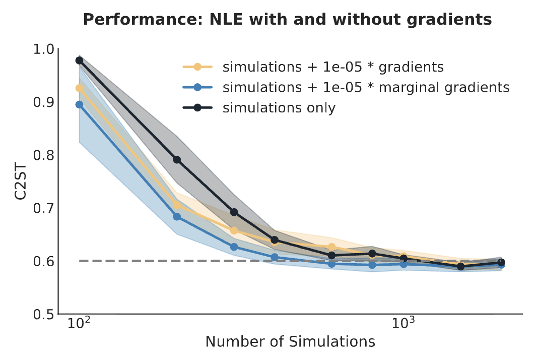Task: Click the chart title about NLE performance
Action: coord(288,20)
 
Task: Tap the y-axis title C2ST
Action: coord(21,182)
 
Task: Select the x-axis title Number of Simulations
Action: coord(290,341)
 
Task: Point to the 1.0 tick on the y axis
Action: coord(43,49)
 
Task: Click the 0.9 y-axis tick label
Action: coord(43,102)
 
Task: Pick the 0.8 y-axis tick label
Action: coord(43,155)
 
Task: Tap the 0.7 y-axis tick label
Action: coord(43,208)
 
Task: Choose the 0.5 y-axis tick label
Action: coord(43,314)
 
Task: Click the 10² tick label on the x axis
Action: coord(79,322)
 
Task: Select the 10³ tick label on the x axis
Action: coord(404,322)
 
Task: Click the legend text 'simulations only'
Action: coord(279,108)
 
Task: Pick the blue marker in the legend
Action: coord(197,87)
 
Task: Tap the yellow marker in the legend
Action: coord(197,67)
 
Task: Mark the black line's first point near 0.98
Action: coord(79,61)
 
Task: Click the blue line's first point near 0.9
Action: coord(79,104)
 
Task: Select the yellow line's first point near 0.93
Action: coord(79,88)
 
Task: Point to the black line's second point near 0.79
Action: coord(177,160)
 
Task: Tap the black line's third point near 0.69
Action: coord(234,212)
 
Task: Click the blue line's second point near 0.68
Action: coord(177,217)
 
